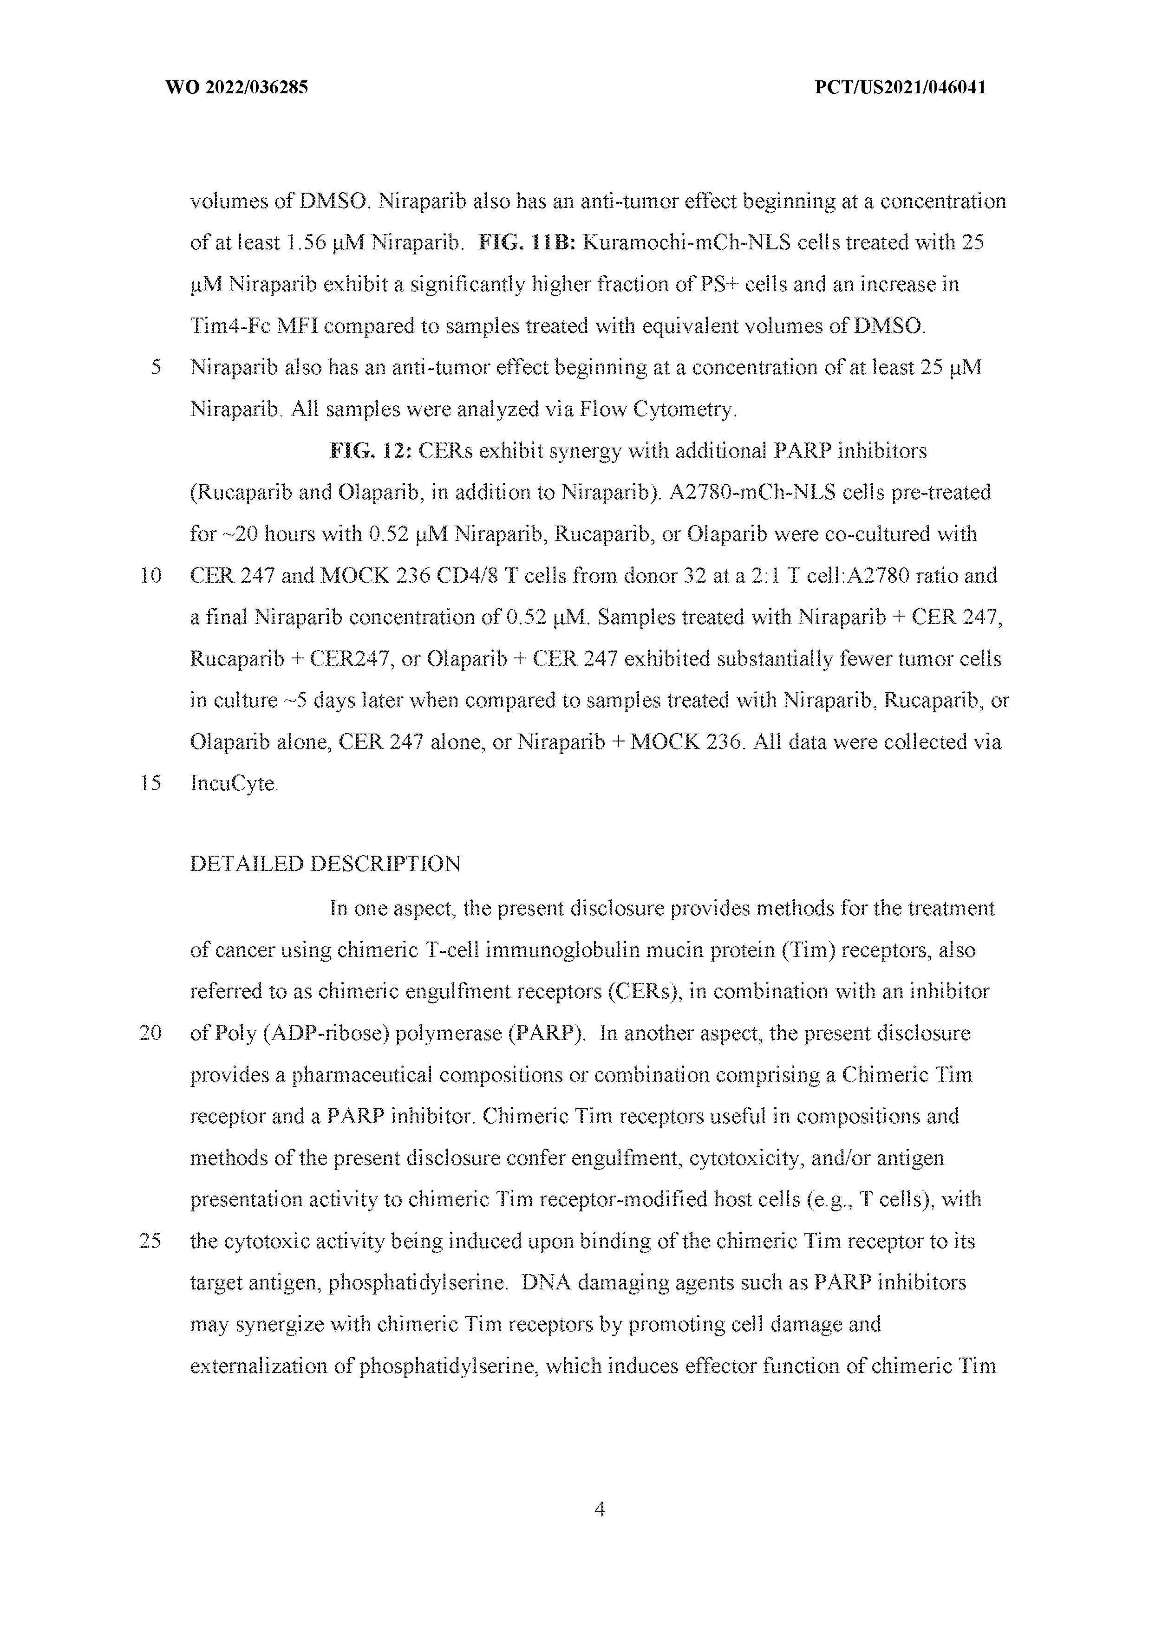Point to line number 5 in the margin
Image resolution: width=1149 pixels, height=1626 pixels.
[x=156, y=368]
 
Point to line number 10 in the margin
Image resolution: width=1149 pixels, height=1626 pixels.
[x=151, y=576]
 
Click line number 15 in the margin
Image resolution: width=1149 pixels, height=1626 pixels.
[x=151, y=783]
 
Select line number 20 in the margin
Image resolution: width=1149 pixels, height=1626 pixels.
[x=151, y=1033]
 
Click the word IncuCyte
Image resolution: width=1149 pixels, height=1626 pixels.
[x=234, y=784]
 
